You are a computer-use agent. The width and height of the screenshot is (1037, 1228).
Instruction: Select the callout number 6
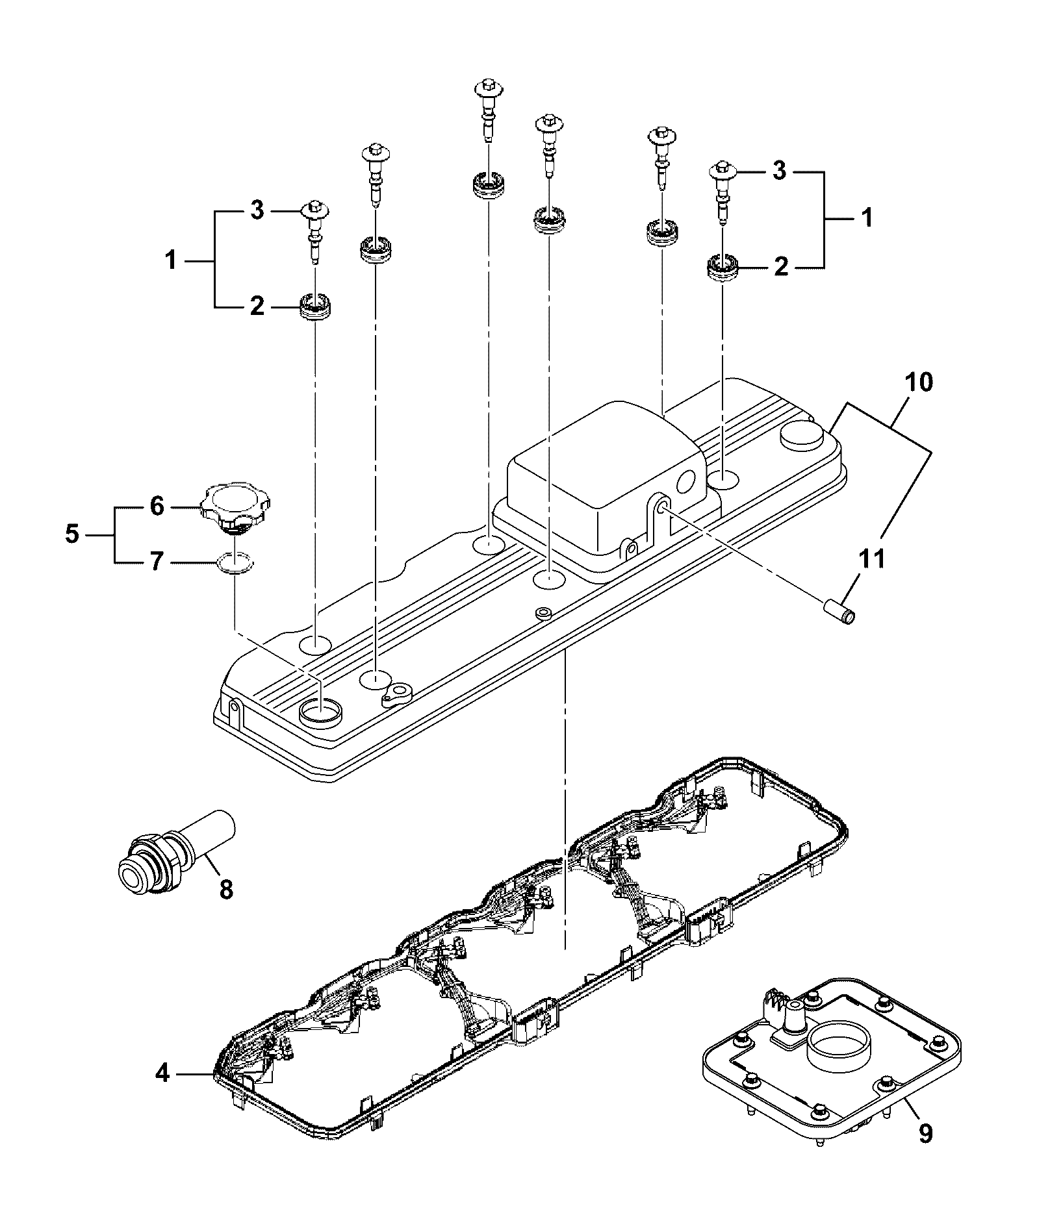(x=157, y=507)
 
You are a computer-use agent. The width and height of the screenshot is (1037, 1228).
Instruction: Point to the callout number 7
(x=157, y=562)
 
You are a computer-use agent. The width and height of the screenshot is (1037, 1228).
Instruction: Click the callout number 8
(x=225, y=889)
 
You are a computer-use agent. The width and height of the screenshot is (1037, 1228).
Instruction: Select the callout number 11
(x=871, y=558)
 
